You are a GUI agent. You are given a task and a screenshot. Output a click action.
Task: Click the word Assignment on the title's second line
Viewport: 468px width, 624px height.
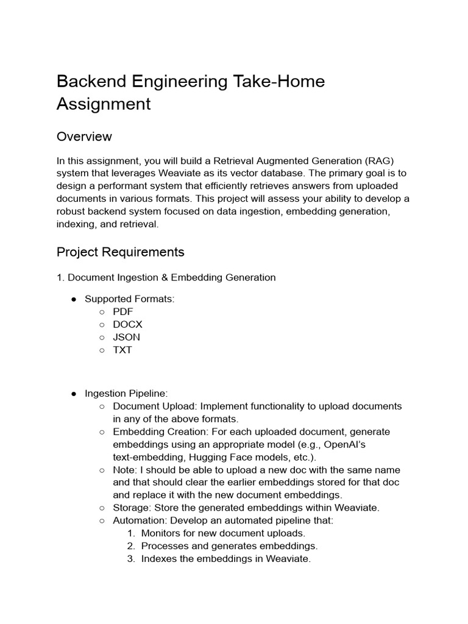pyautogui.click(x=104, y=104)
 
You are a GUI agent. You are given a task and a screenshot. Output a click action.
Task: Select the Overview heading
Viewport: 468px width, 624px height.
pyautogui.click(x=84, y=136)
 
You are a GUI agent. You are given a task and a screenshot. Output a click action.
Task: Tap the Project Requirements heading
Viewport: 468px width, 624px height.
pyautogui.click(x=120, y=252)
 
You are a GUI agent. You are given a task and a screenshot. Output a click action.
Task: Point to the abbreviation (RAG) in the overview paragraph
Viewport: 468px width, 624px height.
pyautogui.click(x=380, y=161)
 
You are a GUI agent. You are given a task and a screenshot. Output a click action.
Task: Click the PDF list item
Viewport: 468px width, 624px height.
pyautogui.click(x=122, y=311)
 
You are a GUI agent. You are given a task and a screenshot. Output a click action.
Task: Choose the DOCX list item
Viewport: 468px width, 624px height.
pyautogui.click(x=127, y=324)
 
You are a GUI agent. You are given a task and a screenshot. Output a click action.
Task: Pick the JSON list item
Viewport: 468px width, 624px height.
pyautogui.click(x=126, y=337)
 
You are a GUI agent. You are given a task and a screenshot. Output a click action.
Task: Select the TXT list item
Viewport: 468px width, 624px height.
pyautogui.click(x=122, y=350)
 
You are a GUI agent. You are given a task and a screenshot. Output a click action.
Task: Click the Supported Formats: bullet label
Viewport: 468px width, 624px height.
pyautogui.click(x=129, y=299)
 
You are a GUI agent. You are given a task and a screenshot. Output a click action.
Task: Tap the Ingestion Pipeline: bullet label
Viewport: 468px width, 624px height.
pyautogui.click(x=126, y=394)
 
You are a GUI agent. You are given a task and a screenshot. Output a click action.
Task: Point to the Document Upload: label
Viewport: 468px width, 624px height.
pyautogui.click(x=155, y=406)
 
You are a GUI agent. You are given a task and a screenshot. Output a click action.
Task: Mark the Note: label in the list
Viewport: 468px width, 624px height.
pyautogui.click(x=125, y=470)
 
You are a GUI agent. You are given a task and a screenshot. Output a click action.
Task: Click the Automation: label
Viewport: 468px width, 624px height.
pyautogui.click(x=140, y=520)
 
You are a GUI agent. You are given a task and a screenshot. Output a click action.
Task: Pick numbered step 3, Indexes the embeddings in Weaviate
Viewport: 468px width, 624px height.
pyautogui.click(x=225, y=558)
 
